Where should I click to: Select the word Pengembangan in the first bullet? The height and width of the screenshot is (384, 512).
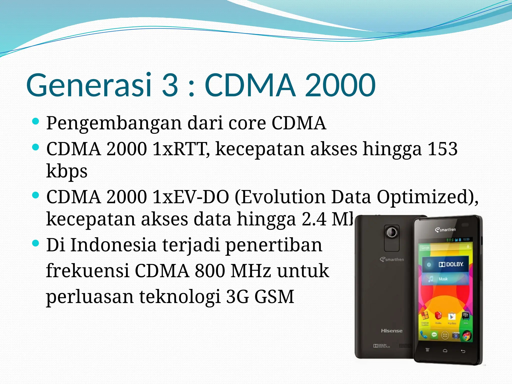[x=114, y=123]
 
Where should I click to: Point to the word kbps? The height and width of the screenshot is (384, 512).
[x=67, y=171]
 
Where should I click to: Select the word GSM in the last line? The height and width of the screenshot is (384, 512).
[x=274, y=297]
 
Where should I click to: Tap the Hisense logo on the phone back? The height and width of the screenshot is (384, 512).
[x=391, y=331]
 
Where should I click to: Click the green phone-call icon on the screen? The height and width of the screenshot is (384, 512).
[x=423, y=334]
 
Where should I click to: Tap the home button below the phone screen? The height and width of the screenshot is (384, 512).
[x=445, y=351]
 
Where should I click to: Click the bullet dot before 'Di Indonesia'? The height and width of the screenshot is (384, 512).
[x=36, y=243]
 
